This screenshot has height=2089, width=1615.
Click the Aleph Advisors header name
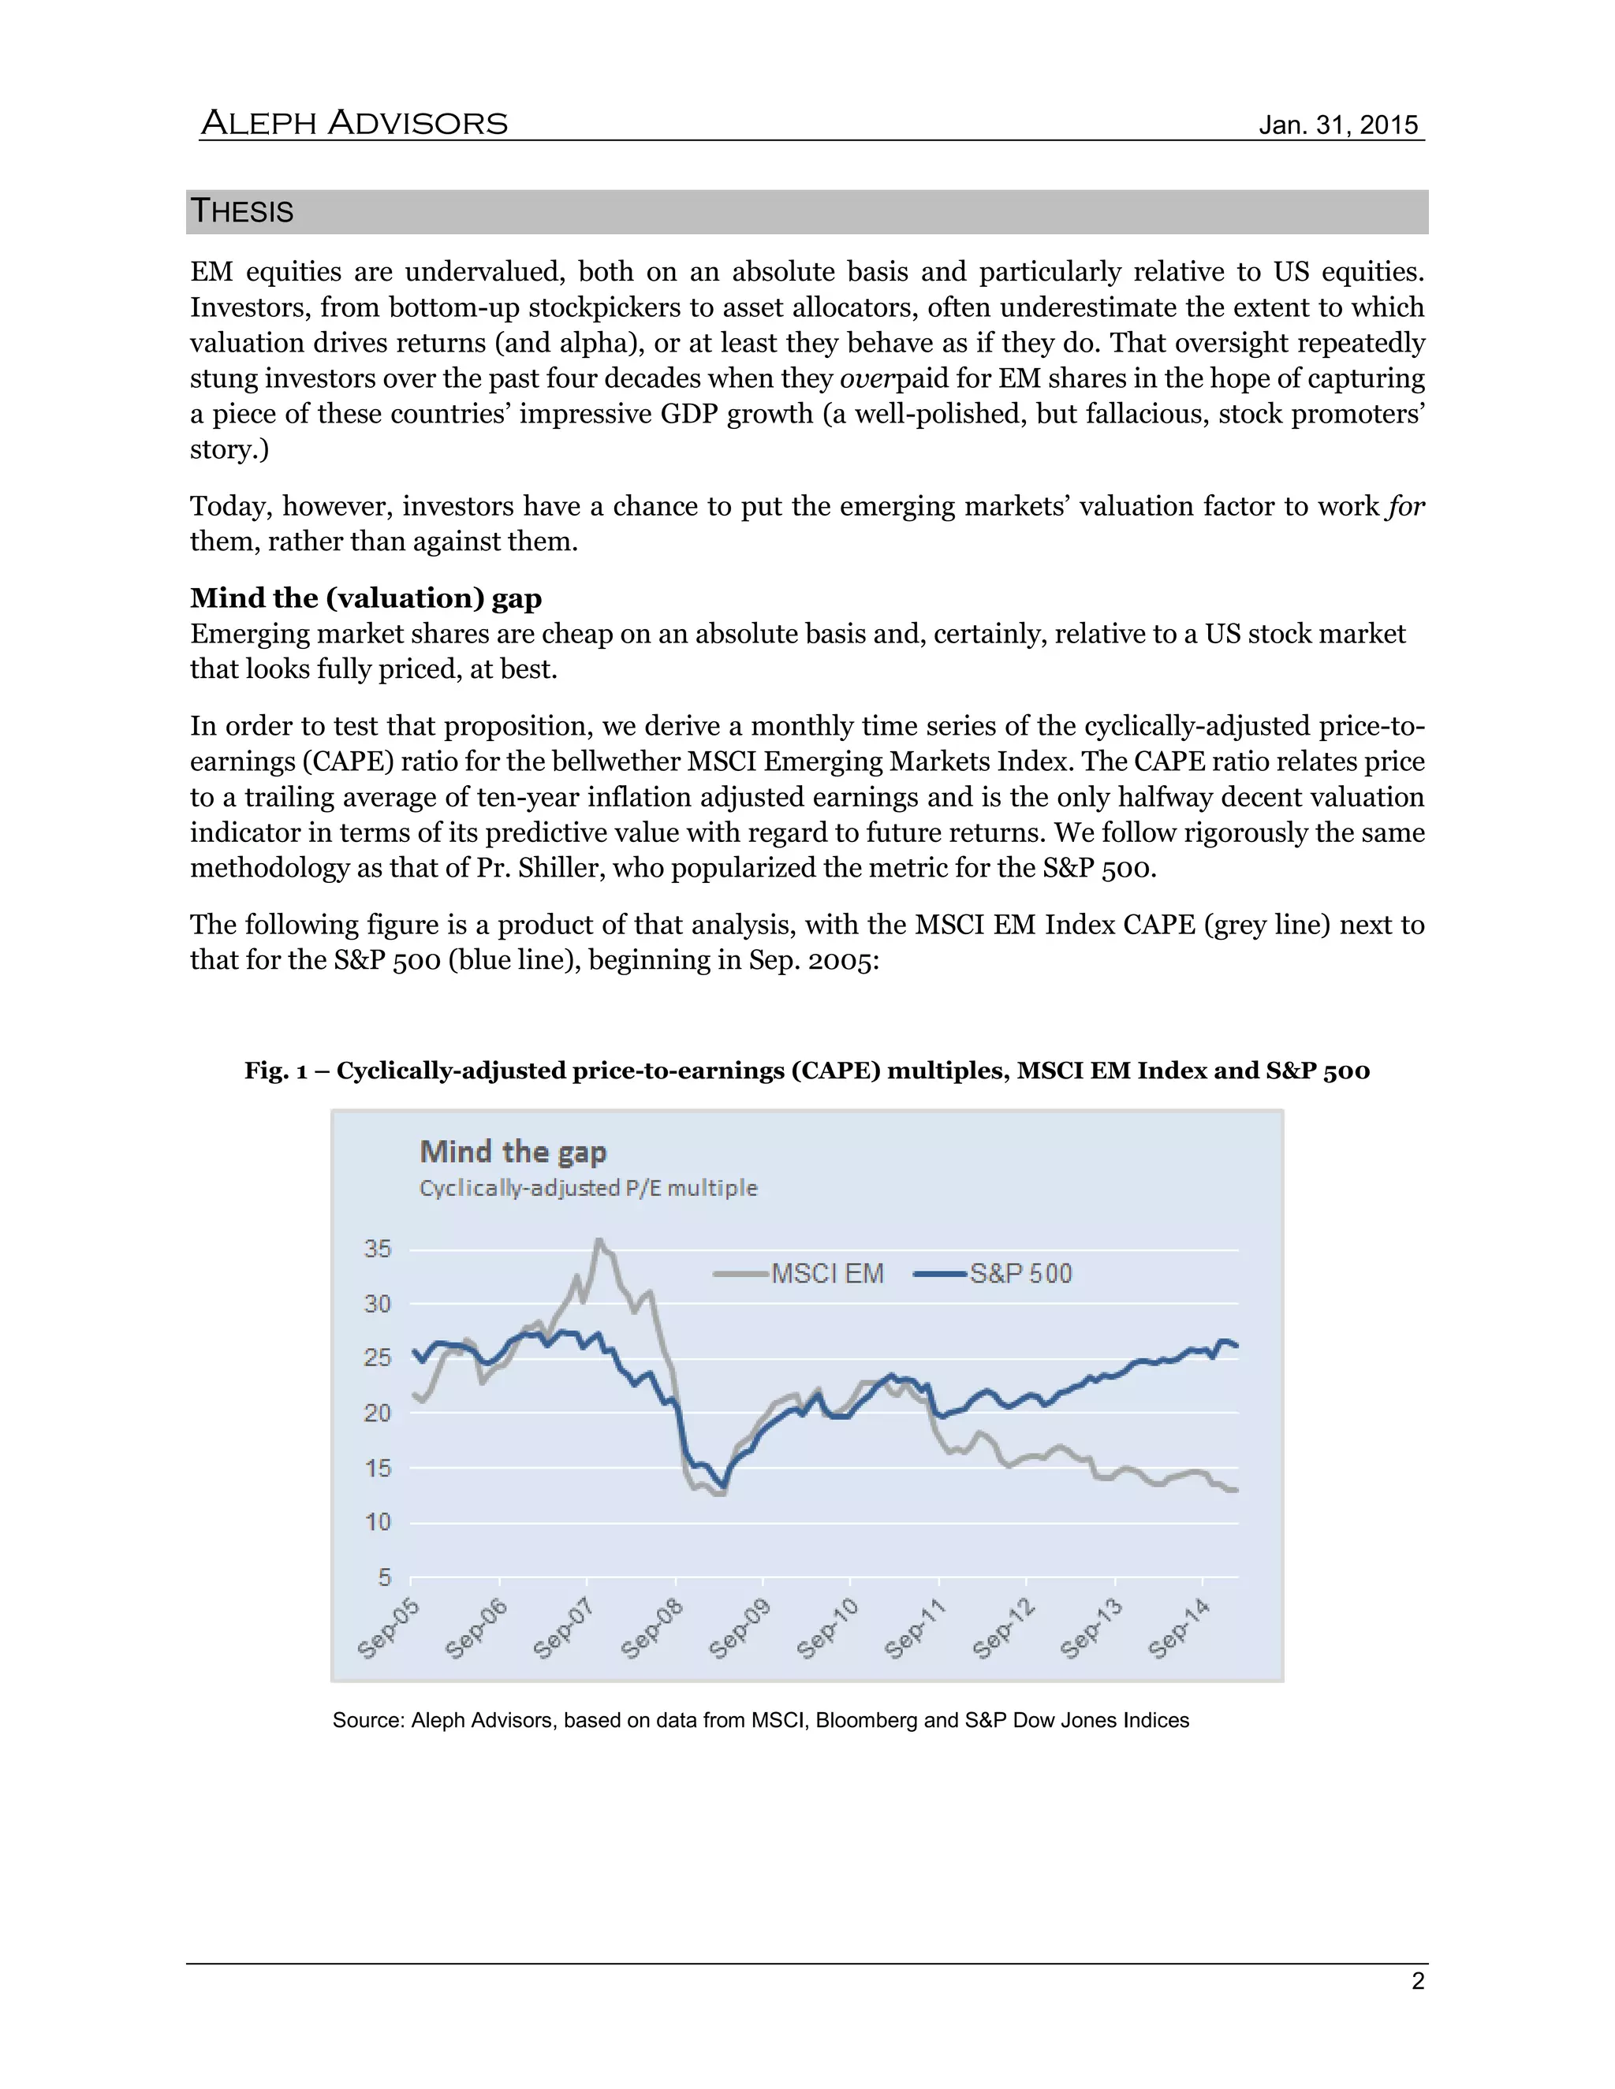coord(354,124)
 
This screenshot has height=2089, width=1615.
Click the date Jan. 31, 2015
coord(1337,125)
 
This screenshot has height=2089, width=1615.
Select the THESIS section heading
coord(242,211)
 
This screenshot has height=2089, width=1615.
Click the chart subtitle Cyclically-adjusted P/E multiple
coord(588,1188)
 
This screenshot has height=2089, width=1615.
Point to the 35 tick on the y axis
coord(378,1249)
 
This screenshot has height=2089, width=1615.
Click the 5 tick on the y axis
coord(385,1577)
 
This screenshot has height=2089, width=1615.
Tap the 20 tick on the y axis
coord(378,1413)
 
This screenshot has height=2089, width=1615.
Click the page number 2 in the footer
coord(1418,1981)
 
